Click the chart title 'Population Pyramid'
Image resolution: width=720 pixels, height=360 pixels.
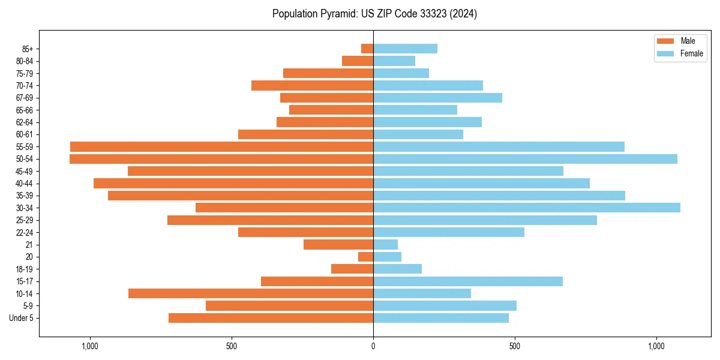(x=374, y=14)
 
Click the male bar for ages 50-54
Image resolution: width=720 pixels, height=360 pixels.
(x=221, y=159)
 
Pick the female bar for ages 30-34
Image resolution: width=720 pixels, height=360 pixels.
(x=527, y=208)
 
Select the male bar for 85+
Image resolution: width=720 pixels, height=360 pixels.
(x=367, y=49)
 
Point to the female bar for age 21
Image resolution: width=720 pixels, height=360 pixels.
(x=385, y=244)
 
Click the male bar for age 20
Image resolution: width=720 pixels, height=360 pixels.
(x=366, y=257)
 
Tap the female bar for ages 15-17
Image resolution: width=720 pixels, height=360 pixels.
(x=468, y=281)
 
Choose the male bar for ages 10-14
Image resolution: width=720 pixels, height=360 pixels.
(x=251, y=293)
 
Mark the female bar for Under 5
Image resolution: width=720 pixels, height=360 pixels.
(x=441, y=318)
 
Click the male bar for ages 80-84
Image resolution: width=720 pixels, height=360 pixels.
(x=358, y=61)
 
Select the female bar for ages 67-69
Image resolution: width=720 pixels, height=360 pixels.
(x=437, y=98)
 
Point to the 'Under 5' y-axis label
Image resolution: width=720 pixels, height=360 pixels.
(x=22, y=318)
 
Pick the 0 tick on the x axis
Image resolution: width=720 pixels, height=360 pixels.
(x=373, y=346)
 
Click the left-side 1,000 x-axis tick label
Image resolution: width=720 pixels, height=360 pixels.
(x=90, y=346)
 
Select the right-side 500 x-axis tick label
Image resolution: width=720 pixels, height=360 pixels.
(x=514, y=346)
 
